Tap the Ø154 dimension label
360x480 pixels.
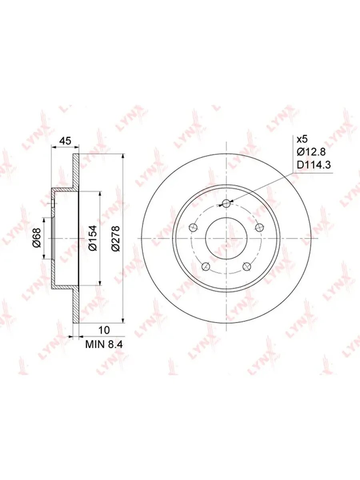click(x=92, y=238)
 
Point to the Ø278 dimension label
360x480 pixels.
click(x=115, y=238)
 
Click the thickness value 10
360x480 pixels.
click(x=104, y=330)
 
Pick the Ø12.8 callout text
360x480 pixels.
click(x=311, y=152)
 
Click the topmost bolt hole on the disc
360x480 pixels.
click(x=226, y=203)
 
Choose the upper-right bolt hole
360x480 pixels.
click(x=260, y=228)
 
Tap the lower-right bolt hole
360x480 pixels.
click(x=247, y=266)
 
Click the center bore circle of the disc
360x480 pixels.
click(x=226, y=238)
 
